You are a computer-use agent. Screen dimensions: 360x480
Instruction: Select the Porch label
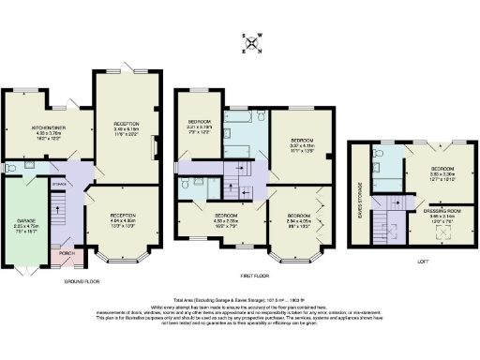coord(66,253)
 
